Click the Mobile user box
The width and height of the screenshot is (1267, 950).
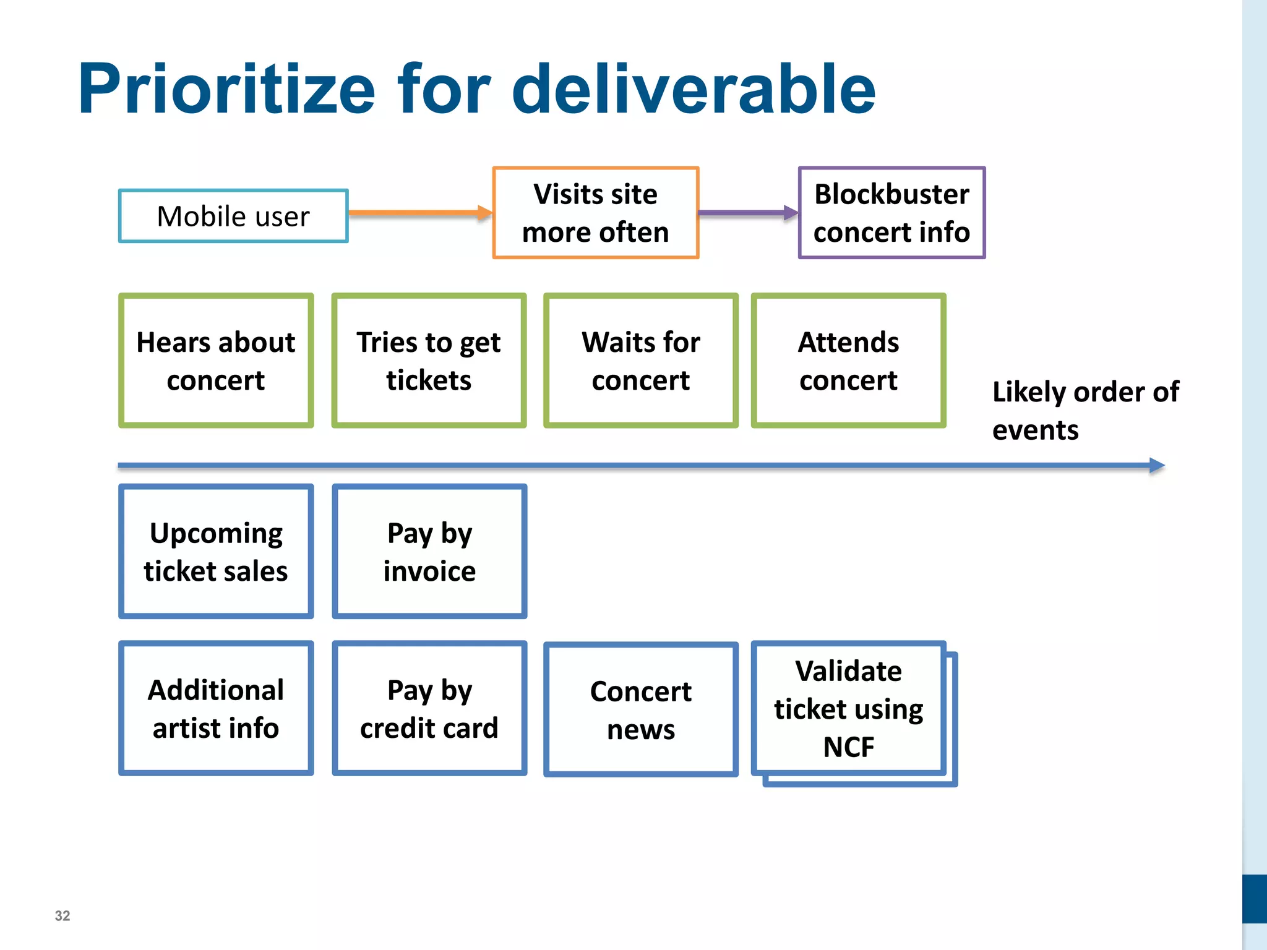(233, 216)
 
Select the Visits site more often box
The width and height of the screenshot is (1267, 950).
(595, 213)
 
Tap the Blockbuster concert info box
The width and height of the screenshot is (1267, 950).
(891, 213)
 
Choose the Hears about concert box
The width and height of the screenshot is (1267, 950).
(216, 361)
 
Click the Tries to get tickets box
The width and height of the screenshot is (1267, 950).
(429, 361)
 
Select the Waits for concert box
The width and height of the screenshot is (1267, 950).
(641, 361)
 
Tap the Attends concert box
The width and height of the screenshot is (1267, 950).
(848, 361)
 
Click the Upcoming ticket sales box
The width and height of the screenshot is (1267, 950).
(216, 551)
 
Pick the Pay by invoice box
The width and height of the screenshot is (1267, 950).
(429, 551)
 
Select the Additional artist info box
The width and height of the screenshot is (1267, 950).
(216, 708)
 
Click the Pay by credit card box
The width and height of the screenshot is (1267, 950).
(429, 708)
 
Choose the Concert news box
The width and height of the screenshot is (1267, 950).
(641, 709)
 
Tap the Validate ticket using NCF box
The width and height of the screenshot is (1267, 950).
(848, 708)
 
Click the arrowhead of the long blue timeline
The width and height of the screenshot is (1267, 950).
(1156, 465)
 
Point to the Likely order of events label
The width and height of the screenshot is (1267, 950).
(1085, 410)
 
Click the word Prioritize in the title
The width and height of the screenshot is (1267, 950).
(226, 90)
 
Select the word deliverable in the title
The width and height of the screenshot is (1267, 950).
(693, 90)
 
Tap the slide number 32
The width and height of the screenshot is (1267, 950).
(62, 915)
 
